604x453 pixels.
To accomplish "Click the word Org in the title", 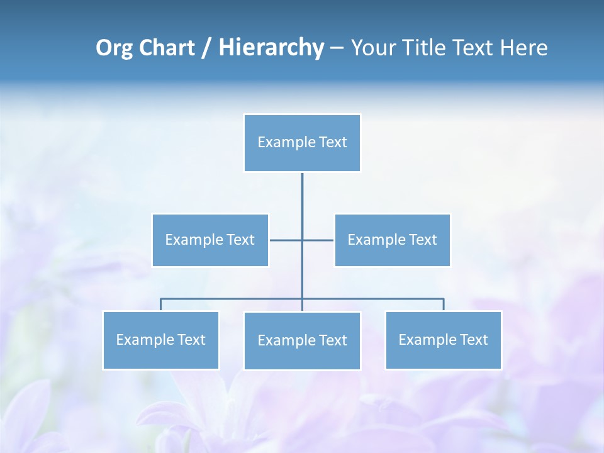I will click(x=114, y=48).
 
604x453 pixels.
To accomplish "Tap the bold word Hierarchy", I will click(x=271, y=48).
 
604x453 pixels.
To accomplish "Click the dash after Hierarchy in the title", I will click(x=337, y=48).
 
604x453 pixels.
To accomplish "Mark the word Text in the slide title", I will click(x=471, y=48).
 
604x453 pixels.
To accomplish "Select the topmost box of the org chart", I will click(x=302, y=143).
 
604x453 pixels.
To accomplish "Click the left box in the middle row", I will click(x=210, y=240).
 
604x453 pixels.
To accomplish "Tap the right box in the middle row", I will click(x=392, y=240).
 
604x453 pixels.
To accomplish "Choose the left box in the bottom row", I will click(x=160, y=340).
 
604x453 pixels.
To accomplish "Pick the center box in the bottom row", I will click(x=302, y=340).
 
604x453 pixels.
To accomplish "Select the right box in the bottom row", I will click(x=443, y=340).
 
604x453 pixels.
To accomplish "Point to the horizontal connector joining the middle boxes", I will click(x=286, y=240).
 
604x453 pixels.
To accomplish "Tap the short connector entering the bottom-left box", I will click(x=160, y=305).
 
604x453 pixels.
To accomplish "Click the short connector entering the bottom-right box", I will click(x=443, y=305).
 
